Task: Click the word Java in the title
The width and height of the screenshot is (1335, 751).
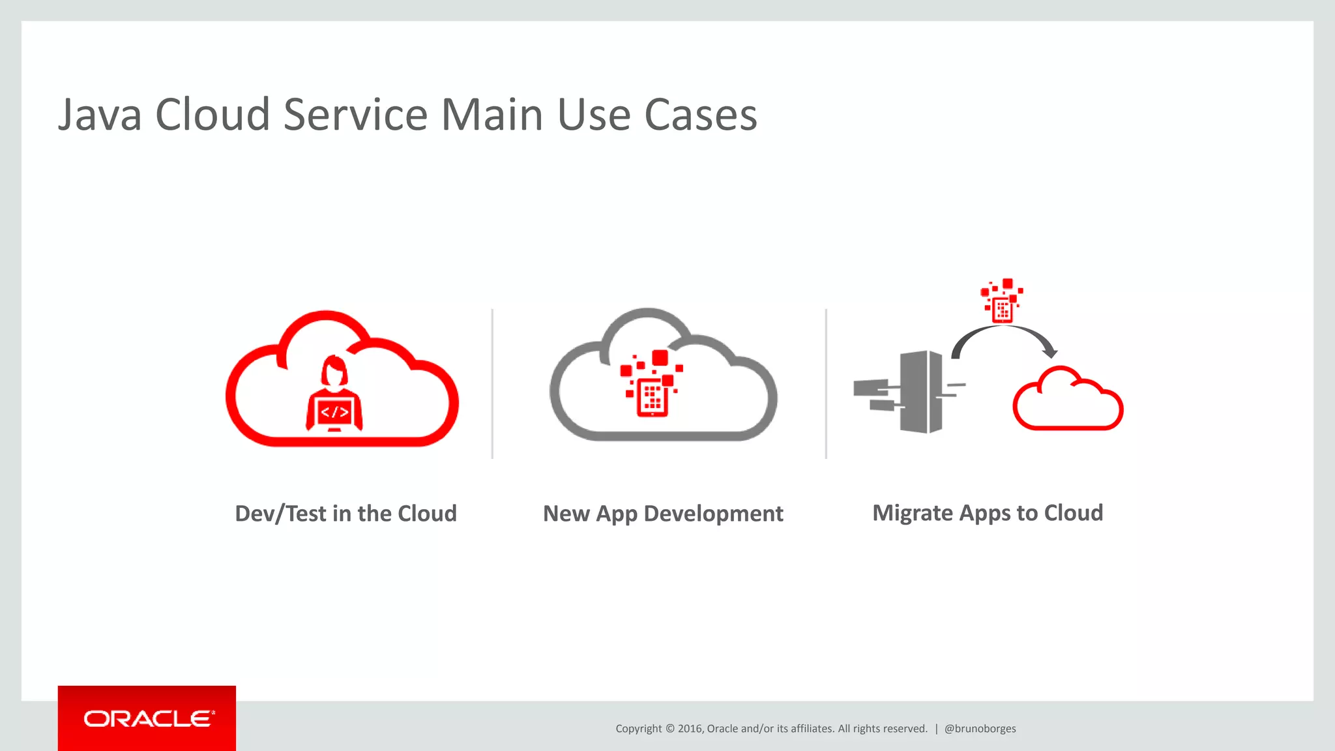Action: coord(100,115)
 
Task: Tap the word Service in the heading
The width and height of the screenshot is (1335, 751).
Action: coord(356,115)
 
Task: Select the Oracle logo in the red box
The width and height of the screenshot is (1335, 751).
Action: coord(148,718)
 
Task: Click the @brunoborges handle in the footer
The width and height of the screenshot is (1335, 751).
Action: coord(980,729)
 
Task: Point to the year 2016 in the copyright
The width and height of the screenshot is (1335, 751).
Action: coord(689,729)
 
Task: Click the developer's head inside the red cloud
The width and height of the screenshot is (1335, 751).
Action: coord(334,370)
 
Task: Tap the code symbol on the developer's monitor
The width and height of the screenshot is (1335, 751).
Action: coord(334,412)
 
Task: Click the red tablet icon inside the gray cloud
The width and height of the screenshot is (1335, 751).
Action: coord(652,396)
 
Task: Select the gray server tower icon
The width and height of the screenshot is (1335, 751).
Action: coord(920,391)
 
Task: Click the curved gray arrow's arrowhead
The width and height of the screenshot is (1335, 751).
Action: coord(1049,353)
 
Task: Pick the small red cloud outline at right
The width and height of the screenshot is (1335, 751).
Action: coord(1068,400)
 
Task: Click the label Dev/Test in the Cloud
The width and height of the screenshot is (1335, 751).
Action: coord(345,514)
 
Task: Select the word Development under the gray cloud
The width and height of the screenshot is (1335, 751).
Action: coord(713,514)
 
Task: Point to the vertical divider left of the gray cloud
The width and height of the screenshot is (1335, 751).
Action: coord(492,383)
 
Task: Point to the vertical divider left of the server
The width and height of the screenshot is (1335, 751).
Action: coord(826,383)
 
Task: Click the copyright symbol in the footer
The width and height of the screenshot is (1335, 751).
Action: coord(669,729)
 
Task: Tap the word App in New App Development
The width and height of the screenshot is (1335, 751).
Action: coord(616,514)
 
